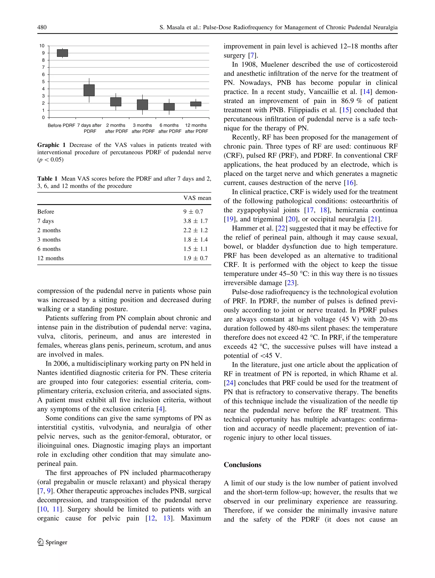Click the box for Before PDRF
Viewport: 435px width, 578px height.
point(62,53)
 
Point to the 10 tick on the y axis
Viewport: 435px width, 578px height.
point(42,46)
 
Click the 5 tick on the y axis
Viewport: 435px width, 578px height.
point(43,82)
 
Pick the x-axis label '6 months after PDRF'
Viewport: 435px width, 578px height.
point(169,128)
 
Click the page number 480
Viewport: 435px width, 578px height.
point(42,27)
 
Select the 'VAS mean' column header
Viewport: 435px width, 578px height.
point(197,198)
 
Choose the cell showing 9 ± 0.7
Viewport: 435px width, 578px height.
point(193,212)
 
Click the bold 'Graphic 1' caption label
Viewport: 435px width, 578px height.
point(51,145)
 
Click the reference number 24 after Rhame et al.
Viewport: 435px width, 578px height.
point(229,383)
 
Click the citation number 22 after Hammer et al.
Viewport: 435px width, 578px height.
point(281,228)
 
